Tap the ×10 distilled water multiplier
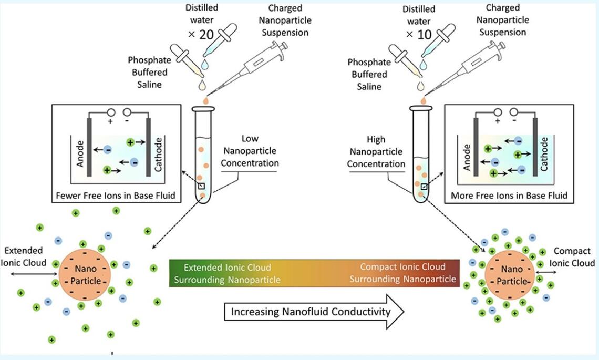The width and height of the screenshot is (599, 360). (x=418, y=34)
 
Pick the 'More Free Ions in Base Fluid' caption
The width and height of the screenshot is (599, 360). (x=509, y=196)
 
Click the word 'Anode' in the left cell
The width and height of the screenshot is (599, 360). (x=80, y=153)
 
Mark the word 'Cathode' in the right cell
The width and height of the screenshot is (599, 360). (x=544, y=153)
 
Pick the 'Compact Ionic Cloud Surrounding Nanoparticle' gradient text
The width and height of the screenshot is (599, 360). (x=403, y=273)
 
